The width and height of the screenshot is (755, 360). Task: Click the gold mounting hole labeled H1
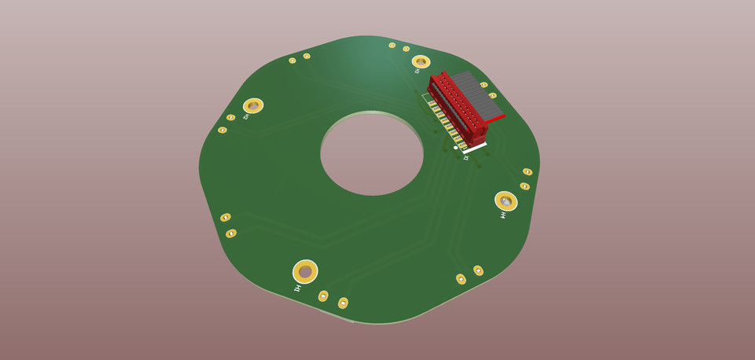click(x=305, y=271)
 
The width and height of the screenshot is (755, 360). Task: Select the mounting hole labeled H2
click(x=252, y=105)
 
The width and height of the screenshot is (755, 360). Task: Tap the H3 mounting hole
click(x=421, y=61)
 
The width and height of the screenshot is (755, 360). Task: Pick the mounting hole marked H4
click(x=506, y=201)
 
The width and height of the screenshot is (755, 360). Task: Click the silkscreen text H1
click(x=297, y=288)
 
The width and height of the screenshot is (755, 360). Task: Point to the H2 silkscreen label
click(x=245, y=117)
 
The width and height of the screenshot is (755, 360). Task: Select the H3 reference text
click(x=417, y=72)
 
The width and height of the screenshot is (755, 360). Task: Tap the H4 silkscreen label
click(x=503, y=215)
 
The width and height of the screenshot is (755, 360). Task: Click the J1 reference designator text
click(x=466, y=158)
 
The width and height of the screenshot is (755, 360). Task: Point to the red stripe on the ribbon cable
click(x=495, y=119)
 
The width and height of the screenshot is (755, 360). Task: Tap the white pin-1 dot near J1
click(x=455, y=147)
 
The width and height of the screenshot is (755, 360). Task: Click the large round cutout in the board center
click(x=371, y=153)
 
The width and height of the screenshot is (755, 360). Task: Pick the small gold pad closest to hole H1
click(x=322, y=296)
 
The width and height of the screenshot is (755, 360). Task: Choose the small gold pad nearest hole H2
click(x=230, y=117)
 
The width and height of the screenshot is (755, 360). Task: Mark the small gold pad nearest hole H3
click(x=406, y=49)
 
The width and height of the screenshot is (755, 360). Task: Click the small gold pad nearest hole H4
click(x=525, y=186)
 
